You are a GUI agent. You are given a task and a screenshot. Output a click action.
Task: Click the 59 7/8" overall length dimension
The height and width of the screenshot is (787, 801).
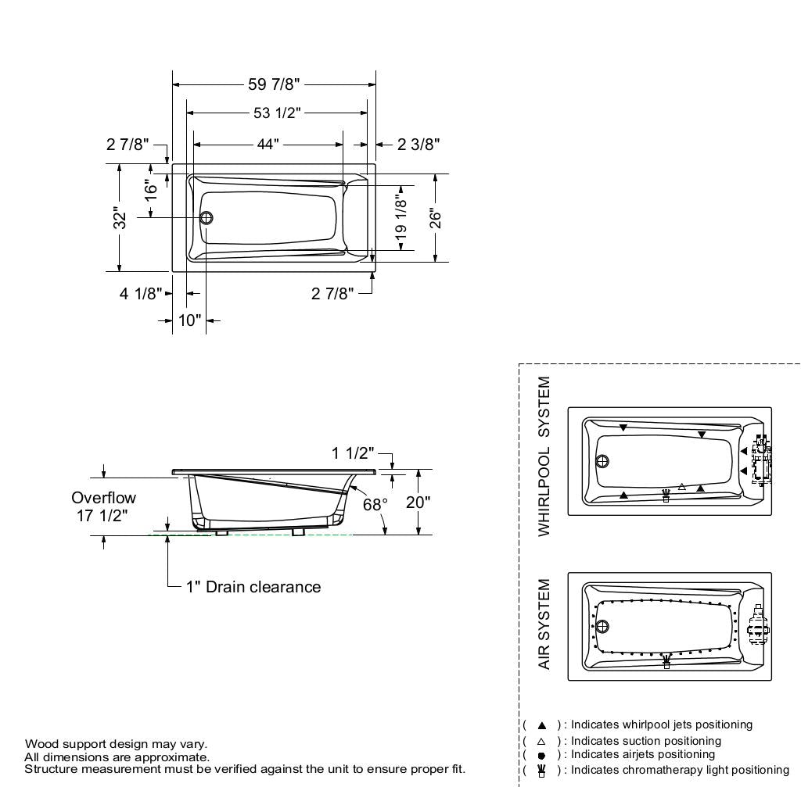coord(274,84)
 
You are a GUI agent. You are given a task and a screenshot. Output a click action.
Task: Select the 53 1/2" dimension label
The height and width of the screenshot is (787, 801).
coord(277,113)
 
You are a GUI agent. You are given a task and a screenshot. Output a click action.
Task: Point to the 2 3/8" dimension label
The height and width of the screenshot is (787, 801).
coord(418,145)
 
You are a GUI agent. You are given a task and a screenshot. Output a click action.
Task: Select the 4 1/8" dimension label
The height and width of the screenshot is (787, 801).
coord(142,293)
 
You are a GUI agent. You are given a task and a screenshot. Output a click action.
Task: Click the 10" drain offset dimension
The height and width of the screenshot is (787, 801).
coord(189,320)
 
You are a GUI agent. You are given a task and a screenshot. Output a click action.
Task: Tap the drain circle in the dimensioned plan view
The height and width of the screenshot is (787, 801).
coord(207,218)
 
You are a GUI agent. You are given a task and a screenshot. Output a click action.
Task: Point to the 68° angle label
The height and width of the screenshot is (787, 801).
coord(375,504)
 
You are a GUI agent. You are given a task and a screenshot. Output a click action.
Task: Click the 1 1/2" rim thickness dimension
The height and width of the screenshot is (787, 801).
coord(353,454)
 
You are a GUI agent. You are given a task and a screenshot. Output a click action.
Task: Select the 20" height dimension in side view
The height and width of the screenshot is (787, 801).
coord(418,502)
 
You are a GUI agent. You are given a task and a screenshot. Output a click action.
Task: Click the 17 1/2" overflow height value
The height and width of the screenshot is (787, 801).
coord(103,515)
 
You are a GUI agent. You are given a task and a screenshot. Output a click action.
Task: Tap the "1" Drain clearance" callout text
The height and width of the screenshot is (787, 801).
coord(253,587)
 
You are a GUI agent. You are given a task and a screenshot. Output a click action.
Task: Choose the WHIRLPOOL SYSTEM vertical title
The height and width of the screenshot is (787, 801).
coord(544,456)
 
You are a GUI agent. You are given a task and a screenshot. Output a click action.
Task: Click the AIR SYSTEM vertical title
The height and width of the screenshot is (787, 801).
coord(544,624)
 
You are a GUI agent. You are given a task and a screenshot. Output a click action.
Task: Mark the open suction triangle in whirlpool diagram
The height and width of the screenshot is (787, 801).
coord(682,487)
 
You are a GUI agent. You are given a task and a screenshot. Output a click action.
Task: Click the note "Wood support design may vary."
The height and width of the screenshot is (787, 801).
coord(116,743)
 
